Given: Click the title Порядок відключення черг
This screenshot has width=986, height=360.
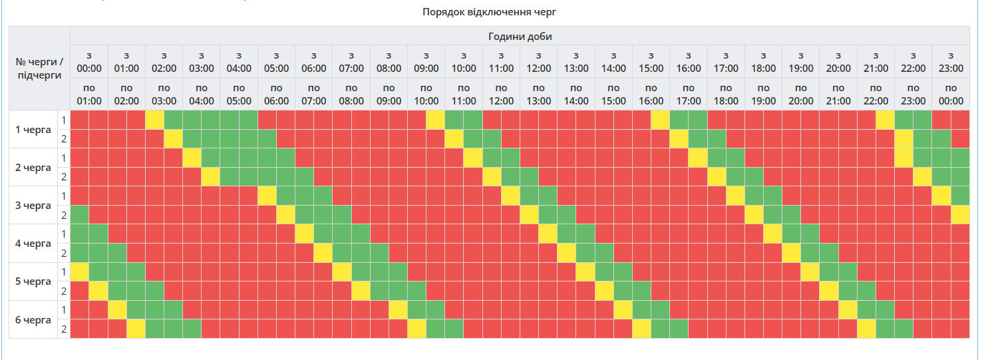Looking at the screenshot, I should click(x=488, y=12).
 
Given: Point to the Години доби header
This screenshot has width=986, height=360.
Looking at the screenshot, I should click(x=520, y=36).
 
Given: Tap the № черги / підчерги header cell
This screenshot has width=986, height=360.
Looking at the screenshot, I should click(x=39, y=68).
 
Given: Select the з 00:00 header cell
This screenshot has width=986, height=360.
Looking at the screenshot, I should click(x=89, y=61).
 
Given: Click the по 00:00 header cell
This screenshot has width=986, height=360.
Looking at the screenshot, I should click(x=951, y=94).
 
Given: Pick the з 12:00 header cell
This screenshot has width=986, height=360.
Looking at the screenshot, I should click(x=538, y=61).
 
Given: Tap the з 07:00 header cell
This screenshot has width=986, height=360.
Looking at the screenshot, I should click(x=351, y=61).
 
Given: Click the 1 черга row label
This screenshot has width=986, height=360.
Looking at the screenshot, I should click(x=33, y=129).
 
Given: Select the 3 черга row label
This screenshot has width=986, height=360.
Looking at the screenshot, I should click(x=33, y=205).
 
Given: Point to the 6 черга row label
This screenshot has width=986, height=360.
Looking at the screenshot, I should click(x=33, y=319).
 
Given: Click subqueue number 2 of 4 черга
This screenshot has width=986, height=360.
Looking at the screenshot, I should click(x=64, y=253).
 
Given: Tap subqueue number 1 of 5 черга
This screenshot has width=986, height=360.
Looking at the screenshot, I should click(x=64, y=271).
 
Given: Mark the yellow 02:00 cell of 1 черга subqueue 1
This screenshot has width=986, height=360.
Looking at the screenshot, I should click(x=154, y=120).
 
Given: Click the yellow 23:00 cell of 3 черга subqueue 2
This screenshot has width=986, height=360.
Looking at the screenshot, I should click(x=960, y=215).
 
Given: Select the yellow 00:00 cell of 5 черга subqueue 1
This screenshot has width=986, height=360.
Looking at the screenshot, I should click(x=79, y=272).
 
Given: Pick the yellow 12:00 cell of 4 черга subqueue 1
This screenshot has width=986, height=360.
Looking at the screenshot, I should click(x=548, y=234).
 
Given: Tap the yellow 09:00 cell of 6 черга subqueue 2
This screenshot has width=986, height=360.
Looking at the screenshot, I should click(x=416, y=329).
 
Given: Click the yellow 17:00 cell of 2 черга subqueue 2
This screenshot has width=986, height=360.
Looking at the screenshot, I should click(x=717, y=177).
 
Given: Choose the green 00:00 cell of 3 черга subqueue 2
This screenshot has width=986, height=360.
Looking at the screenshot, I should click(x=79, y=215).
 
